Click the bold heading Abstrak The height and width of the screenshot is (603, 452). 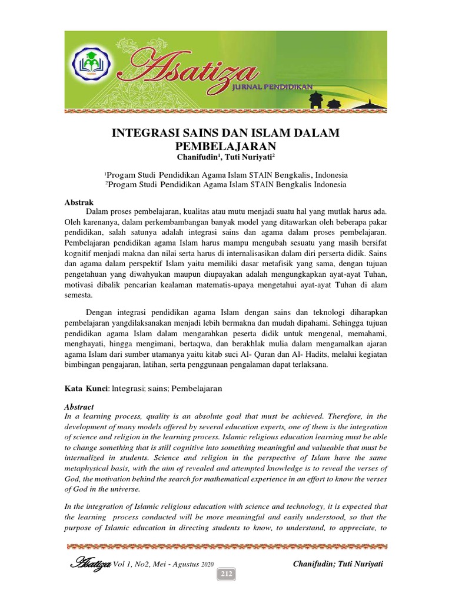point(78,202)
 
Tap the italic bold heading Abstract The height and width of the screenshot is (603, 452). point(79,406)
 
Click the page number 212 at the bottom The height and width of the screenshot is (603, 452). point(226,574)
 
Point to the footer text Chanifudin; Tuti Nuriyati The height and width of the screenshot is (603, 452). point(338,564)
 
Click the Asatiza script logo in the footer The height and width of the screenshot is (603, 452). point(90,564)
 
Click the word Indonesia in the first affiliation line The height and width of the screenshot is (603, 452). point(331,175)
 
